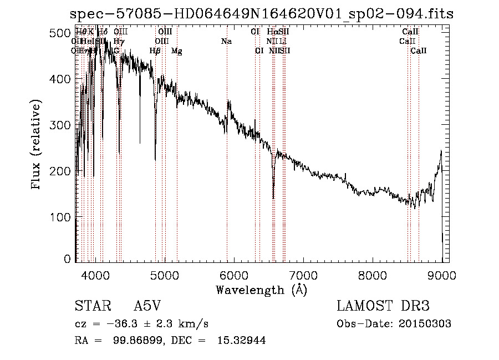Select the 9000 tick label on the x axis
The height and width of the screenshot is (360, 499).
click(442, 274)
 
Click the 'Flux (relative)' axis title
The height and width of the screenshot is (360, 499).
click(37, 145)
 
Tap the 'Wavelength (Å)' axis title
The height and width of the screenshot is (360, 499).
click(261, 290)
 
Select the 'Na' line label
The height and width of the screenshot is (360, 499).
click(226, 41)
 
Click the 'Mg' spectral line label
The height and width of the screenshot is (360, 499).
click(177, 51)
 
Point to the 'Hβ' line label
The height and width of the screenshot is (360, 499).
click(155, 51)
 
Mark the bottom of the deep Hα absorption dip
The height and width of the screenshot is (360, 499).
click(273, 197)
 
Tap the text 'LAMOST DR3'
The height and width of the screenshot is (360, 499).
click(383, 307)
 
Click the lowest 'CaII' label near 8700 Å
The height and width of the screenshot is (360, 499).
click(419, 51)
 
